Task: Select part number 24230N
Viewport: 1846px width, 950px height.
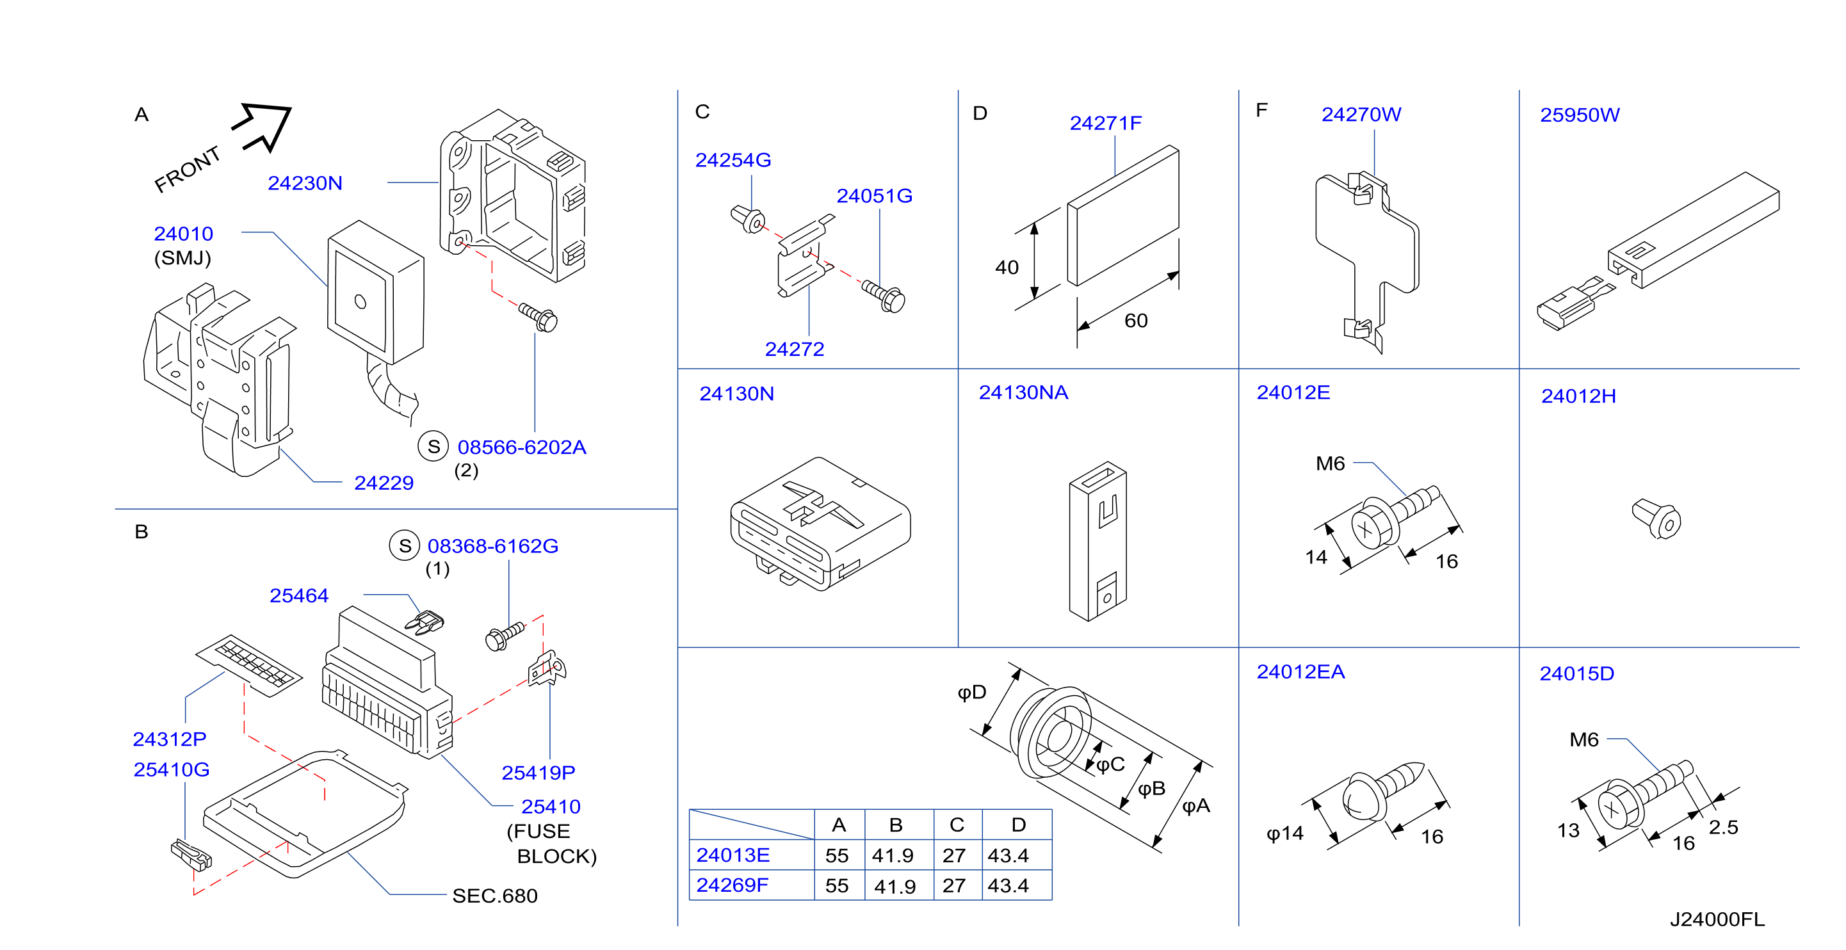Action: pyautogui.click(x=305, y=184)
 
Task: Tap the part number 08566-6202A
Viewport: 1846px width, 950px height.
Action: pyautogui.click(x=522, y=447)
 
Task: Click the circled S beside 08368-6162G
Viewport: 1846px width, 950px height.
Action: pyautogui.click(x=405, y=546)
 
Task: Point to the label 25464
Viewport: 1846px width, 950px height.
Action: pyautogui.click(x=299, y=595)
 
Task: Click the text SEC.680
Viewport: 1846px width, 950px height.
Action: pyautogui.click(x=494, y=896)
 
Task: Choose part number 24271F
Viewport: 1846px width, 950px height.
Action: pyautogui.click(x=1106, y=123)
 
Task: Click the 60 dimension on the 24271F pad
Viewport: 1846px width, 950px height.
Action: pyautogui.click(x=1136, y=320)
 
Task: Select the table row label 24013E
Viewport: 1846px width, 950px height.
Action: pyautogui.click(x=733, y=855)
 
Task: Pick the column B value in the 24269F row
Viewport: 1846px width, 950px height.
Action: pyautogui.click(x=895, y=886)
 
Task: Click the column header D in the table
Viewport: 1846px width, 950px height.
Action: pyautogui.click(x=1018, y=825)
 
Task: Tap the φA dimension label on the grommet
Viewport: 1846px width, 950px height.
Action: pyautogui.click(x=1196, y=806)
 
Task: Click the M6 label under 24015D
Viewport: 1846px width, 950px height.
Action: pyautogui.click(x=1583, y=739)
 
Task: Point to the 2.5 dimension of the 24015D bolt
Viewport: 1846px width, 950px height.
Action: pyautogui.click(x=1723, y=828)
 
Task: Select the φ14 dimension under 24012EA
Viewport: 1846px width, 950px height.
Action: pyautogui.click(x=1285, y=833)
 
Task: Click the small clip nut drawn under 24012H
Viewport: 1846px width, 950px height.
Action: pyautogui.click(x=1656, y=519)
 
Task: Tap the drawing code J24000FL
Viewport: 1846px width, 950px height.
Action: pyautogui.click(x=1717, y=919)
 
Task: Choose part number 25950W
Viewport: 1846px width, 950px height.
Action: pyautogui.click(x=1580, y=115)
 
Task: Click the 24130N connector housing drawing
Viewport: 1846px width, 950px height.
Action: pyautogui.click(x=820, y=524)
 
